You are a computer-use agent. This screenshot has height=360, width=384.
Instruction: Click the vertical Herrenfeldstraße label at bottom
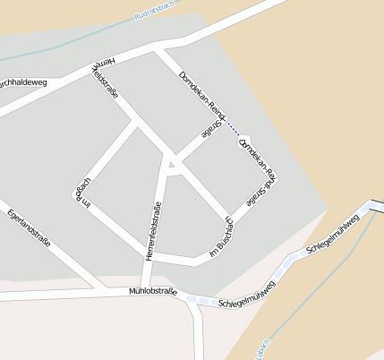[153, 231]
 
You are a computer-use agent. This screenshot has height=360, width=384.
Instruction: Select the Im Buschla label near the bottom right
[220, 239]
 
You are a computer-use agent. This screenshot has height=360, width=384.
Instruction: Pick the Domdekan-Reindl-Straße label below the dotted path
[258, 164]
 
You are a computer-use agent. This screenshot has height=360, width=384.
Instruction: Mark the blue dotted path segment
[235, 132]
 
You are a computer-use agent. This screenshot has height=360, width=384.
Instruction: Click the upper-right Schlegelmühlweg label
[332, 235]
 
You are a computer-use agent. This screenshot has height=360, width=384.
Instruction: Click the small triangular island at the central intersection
[172, 165]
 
